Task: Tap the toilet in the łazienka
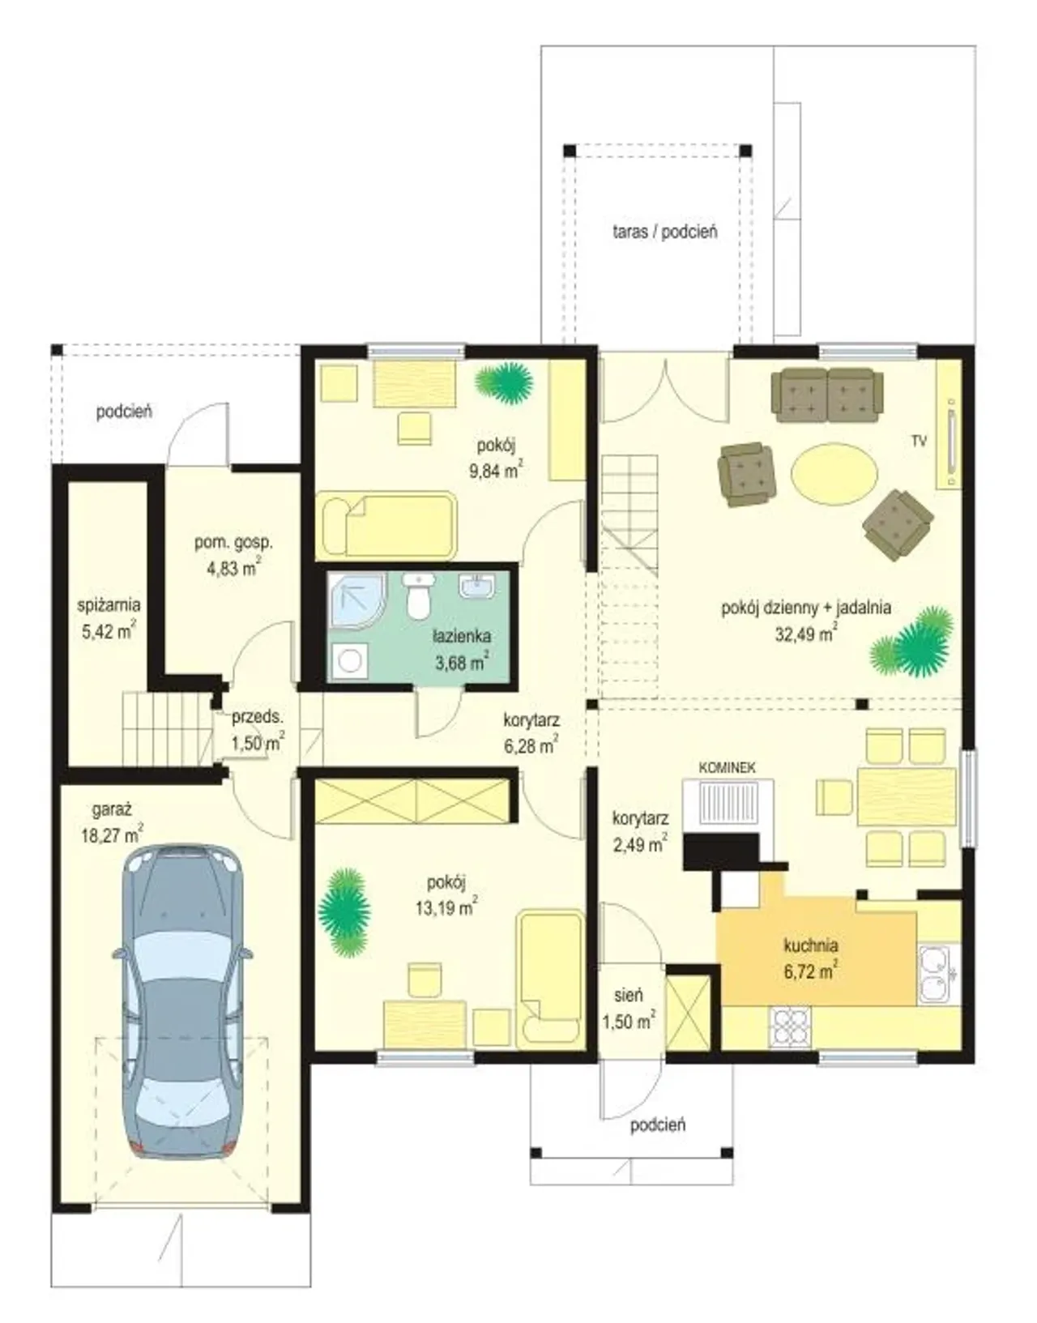pos(417,596)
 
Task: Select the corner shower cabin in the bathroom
pos(356,601)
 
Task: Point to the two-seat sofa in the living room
pos(827,395)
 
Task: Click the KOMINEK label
pos(728,768)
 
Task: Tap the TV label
pos(919,442)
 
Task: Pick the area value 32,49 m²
pos(805,634)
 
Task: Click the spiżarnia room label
pos(109,605)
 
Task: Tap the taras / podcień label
pos(665,232)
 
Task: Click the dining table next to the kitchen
pos(906,796)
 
